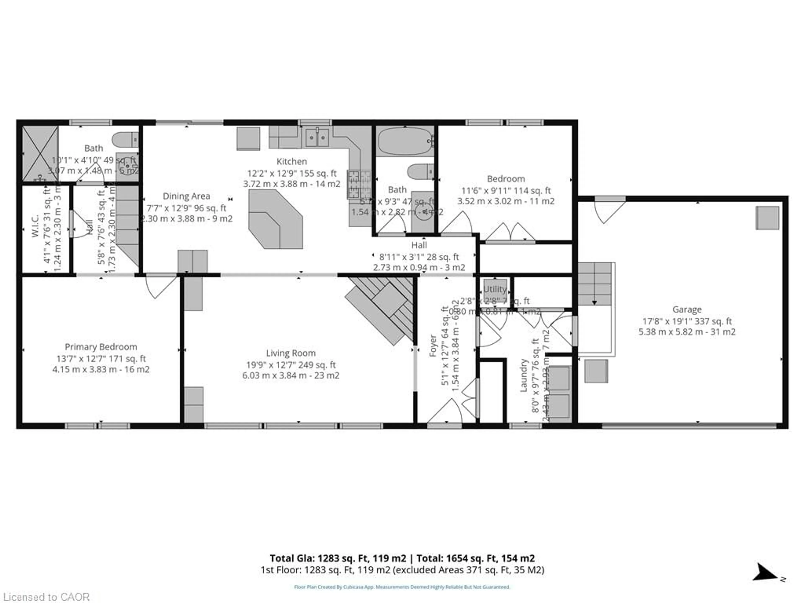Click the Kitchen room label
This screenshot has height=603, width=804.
[x=291, y=161]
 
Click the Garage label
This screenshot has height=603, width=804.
[x=687, y=309]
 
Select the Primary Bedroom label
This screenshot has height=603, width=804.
[x=101, y=347]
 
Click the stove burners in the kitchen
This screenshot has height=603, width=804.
[x=359, y=185]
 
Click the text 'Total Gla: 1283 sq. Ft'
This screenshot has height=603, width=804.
[x=338, y=558]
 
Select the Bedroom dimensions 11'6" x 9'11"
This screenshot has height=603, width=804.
[x=506, y=191]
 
